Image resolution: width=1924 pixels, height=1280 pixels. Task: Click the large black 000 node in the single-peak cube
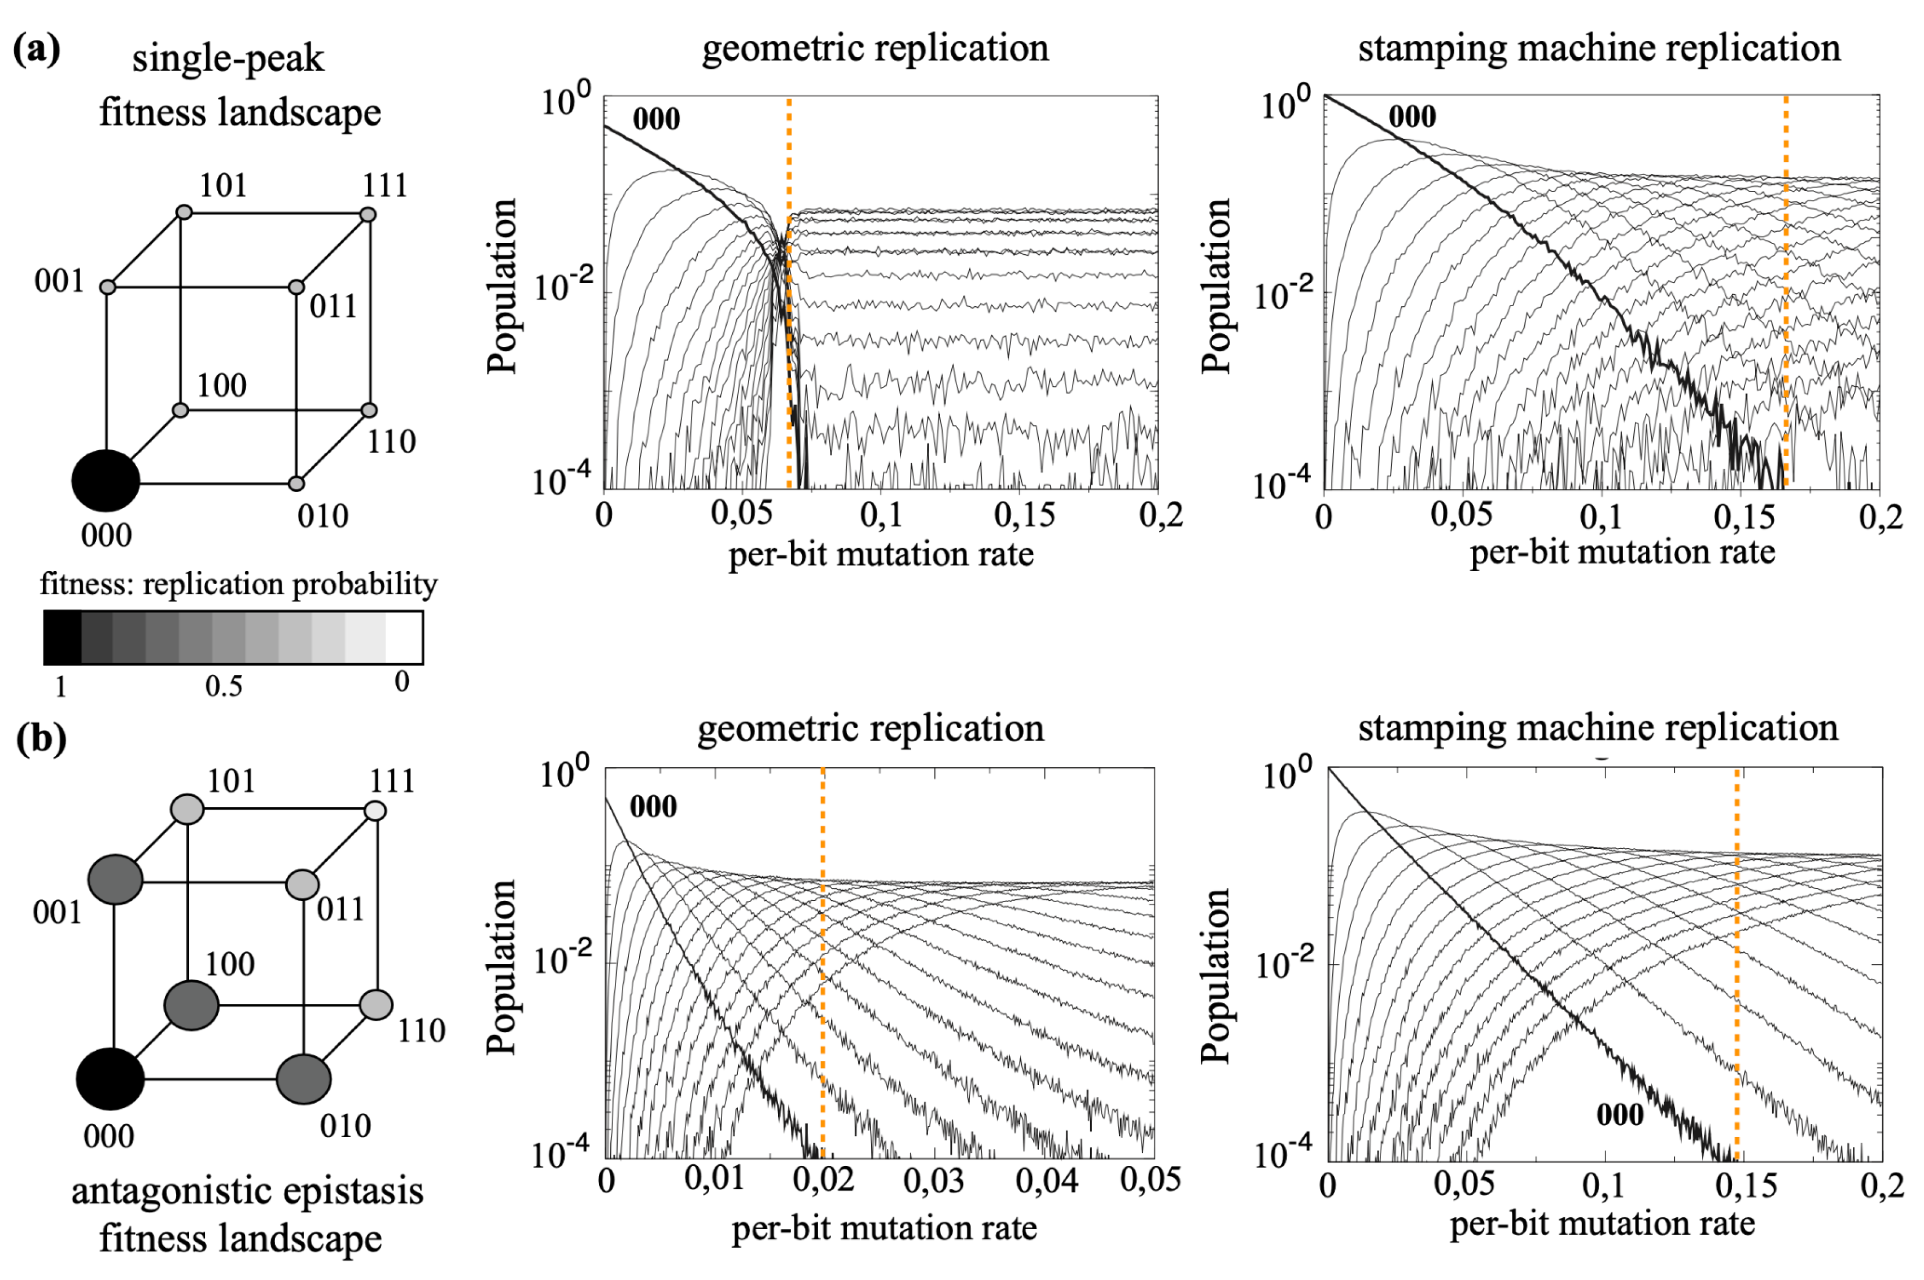[106, 481]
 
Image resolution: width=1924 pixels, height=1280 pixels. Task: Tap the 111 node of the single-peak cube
[368, 215]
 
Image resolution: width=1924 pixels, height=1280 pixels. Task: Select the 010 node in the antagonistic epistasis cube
[304, 1078]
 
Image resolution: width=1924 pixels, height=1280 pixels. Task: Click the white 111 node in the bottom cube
[374, 811]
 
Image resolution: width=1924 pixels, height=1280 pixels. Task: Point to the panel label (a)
[37, 51]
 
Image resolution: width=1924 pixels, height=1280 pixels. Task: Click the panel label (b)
[41, 739]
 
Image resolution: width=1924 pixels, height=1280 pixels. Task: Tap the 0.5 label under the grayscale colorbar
[224, 686]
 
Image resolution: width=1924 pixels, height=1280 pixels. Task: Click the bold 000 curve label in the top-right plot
[1411, 117]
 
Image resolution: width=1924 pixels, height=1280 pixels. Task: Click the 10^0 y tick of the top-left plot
[566, 105]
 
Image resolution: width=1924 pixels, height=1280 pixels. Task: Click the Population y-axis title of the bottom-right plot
[1215, 976]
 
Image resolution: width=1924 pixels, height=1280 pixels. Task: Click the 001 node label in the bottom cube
[57, 912]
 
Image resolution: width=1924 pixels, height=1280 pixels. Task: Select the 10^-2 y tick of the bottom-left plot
[563, 961]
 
